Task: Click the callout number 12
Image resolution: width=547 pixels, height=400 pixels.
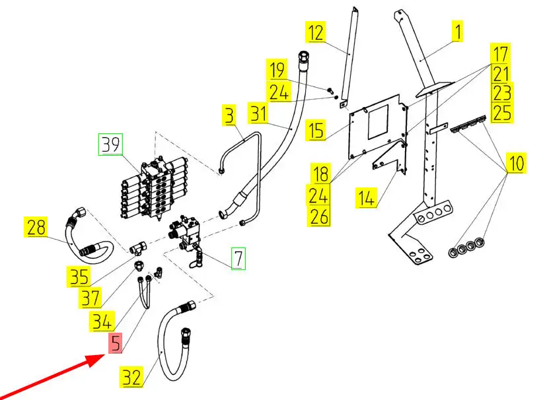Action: coord(316,32)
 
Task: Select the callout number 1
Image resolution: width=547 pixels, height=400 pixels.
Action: coord(455,30)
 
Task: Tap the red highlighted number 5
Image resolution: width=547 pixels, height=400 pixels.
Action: coord(116,343)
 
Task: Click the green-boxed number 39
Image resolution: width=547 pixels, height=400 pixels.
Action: coord(111,145)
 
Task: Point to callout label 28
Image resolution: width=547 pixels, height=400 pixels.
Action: coord(38,228)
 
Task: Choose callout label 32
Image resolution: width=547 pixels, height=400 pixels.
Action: coord(131,378)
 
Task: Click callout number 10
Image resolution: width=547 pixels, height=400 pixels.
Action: coord(515,163)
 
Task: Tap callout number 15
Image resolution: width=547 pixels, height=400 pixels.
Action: coord(316,129)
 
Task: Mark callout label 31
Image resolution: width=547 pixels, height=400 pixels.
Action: coord(258,114)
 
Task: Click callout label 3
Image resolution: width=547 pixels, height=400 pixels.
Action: coord(229,117)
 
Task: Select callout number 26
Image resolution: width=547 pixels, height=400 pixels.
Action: coord(320,216)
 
